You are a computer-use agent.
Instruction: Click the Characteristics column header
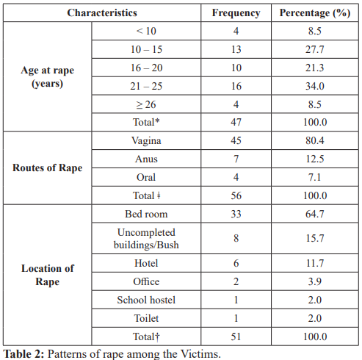click(102, 12)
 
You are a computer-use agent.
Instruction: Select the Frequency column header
click(236, 13)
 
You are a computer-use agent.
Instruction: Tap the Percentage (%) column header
click(315, 13)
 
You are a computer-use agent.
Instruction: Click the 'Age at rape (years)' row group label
click(48, 76)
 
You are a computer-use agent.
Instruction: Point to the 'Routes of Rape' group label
click(48, 168)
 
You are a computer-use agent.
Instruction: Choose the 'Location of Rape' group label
click(48, 275)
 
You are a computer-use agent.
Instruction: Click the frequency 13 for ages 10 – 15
click(236, 49)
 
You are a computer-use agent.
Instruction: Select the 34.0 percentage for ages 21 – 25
click(315, 86)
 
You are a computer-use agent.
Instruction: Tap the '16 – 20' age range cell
click(146, 68)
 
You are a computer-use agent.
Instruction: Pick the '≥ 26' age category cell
click(146, 104)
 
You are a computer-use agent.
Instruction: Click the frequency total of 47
click(236, 122)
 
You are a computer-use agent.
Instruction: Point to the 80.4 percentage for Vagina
click(315, 140)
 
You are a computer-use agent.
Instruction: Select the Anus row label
click(146, 159)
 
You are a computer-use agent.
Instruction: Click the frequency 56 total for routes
click(236, 195)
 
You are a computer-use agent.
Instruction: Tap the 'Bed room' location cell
click(146, 214)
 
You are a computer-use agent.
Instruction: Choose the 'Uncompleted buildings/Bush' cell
click(146, 239)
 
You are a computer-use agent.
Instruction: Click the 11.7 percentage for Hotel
click(315, 263)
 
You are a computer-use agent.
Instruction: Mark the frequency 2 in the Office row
click(236, 281)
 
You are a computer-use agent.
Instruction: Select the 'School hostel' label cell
click(146, 300)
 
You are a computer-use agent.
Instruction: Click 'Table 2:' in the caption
click(23, 354)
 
